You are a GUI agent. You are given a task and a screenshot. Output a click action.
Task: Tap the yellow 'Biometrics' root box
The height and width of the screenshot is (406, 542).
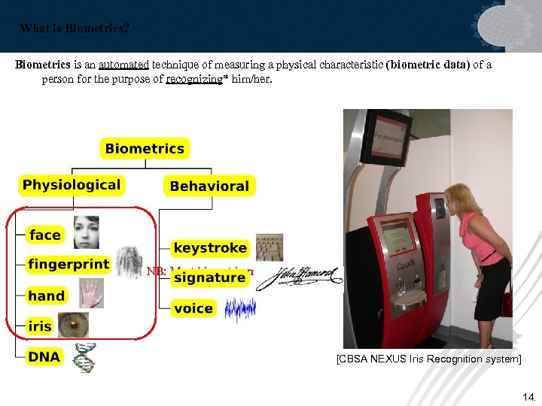(145, 148)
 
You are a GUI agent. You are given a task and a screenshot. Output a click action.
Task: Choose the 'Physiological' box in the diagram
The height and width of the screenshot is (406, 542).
(72, 185)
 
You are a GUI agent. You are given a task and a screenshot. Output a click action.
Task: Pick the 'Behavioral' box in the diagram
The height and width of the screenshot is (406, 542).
(209, 186)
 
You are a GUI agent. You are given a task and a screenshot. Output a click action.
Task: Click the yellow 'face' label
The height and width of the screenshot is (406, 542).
(45, 235)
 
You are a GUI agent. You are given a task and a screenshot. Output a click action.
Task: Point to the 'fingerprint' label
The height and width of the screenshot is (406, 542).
(69, 265)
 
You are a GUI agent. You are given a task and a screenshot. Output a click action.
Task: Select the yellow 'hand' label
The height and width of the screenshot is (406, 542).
(47, 295)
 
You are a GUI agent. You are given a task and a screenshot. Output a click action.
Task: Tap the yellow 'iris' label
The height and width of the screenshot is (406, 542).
(40, 326)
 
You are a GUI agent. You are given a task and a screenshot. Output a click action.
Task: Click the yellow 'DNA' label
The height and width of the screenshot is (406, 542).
(44, 357)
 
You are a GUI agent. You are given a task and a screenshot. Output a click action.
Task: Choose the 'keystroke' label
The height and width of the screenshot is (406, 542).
(210, 247)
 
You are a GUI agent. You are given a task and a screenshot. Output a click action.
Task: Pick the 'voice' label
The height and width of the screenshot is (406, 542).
(193, 308)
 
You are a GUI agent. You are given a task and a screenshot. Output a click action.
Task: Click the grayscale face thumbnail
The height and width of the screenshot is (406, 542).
(86, 232)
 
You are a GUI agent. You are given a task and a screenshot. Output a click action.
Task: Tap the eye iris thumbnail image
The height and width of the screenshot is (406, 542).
(74, 325)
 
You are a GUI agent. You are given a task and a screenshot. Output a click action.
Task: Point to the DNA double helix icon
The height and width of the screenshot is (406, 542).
(84, 358)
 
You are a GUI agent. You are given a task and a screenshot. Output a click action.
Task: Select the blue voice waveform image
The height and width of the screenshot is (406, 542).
(241, 308)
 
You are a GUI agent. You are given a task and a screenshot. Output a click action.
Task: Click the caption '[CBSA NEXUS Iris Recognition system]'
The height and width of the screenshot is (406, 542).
(428, 359)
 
